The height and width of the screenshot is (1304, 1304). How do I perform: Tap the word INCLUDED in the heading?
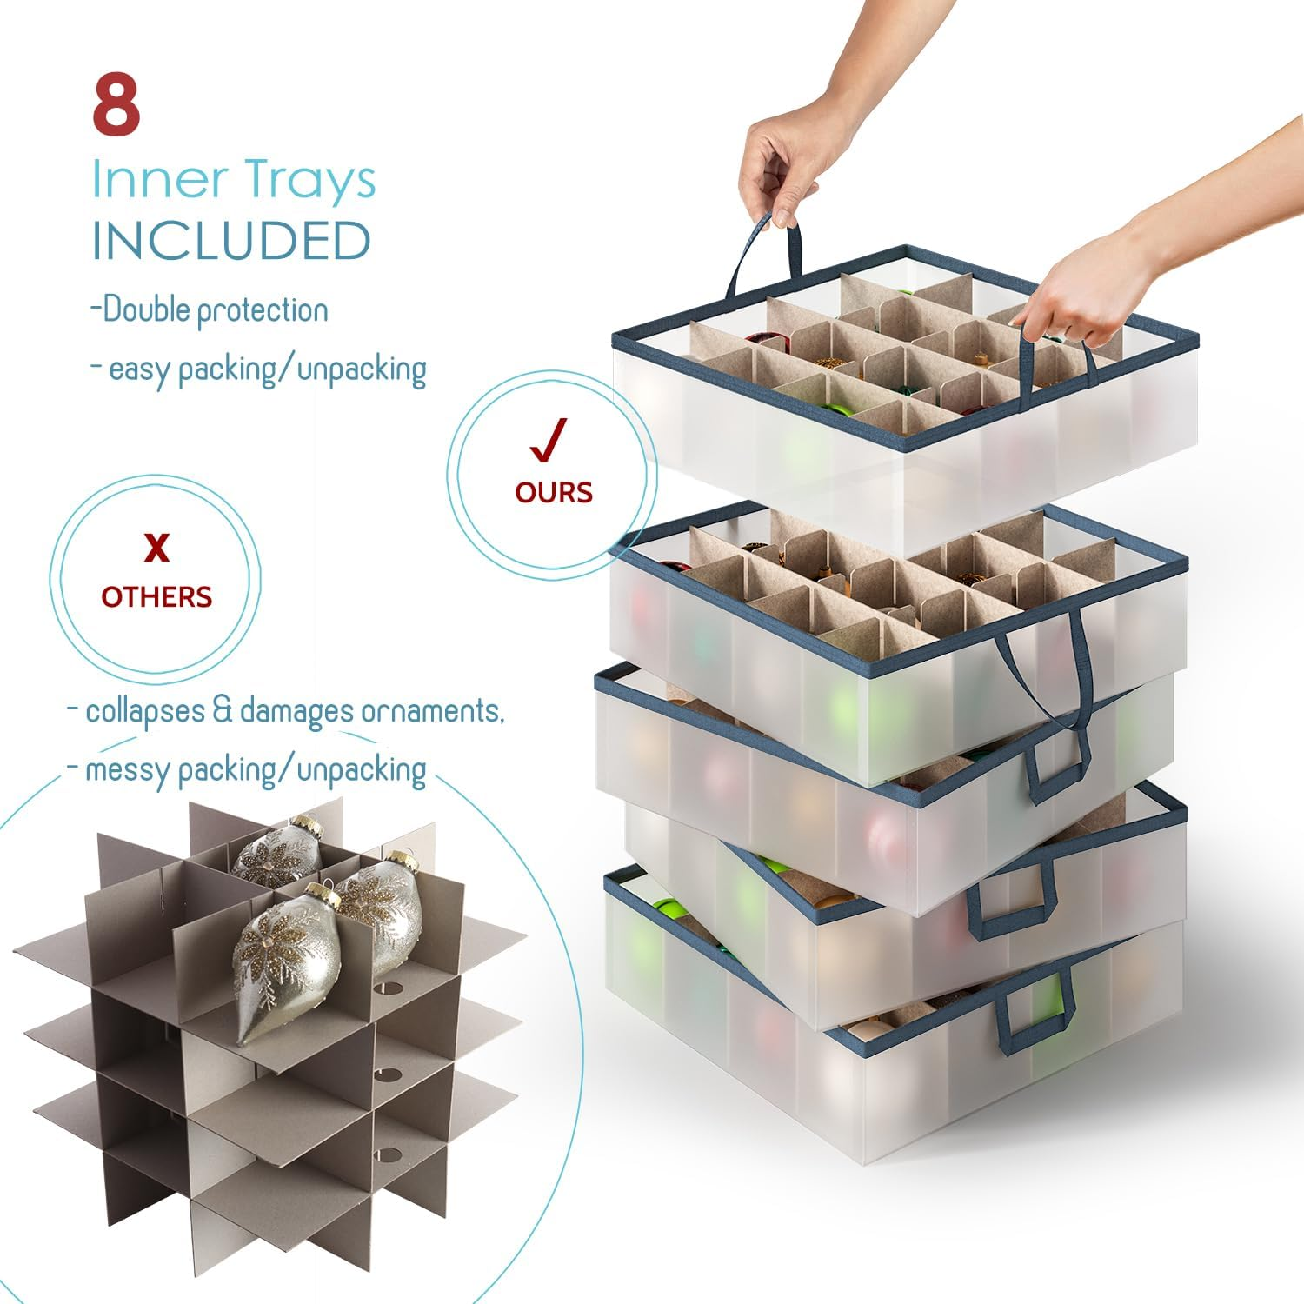pos(231,241)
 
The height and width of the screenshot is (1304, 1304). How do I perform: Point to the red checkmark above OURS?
pos(549,439)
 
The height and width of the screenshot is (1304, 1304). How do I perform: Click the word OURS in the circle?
pos(554,492)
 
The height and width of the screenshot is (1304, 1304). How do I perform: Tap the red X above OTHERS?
pos(156,548)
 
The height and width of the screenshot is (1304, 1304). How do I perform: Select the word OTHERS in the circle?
pos(156,596)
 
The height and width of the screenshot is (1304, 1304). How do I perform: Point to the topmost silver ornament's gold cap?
pos(306,822)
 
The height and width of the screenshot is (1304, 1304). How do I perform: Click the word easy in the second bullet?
pos(139,369)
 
